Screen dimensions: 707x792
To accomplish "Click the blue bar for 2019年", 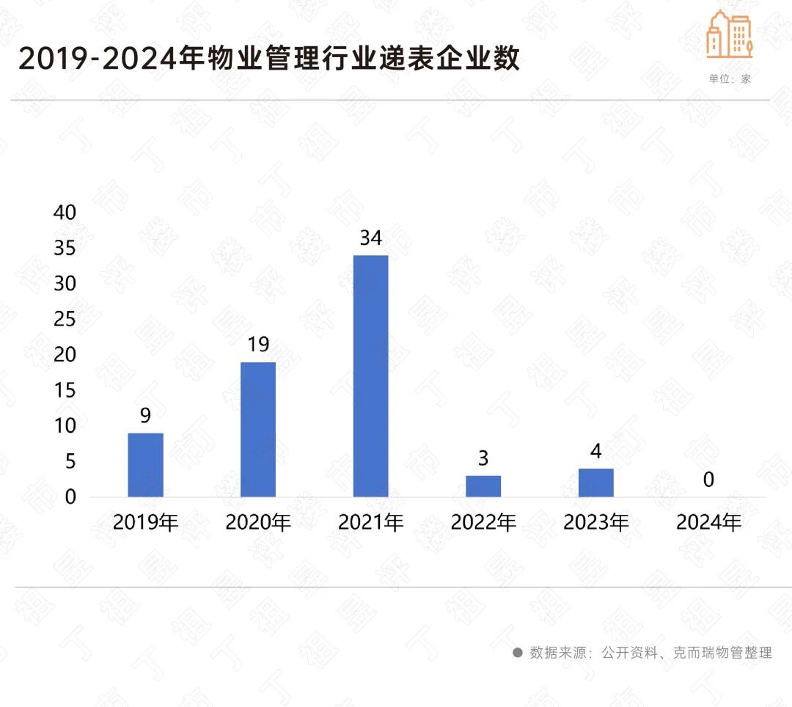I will click(145, 465).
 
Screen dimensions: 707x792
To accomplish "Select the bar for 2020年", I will click(258, 430).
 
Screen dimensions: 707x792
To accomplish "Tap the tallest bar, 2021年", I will click(370, 376).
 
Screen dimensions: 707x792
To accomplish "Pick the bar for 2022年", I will click(483, 486).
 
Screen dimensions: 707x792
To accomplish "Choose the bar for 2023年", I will click(595, 483).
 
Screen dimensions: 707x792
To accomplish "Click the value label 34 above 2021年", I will click(370, 238).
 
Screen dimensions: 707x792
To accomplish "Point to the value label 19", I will click(258, 345).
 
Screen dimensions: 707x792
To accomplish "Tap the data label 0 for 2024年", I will click(708, 480).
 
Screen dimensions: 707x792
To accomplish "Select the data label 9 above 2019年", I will click(145, 416).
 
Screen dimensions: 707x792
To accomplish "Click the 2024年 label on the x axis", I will click(708, 523).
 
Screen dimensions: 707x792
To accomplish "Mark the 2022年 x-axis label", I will click(483, 523).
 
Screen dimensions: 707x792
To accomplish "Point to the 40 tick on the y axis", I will click(65, 212).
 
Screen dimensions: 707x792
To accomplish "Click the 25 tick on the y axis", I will click(65, 319).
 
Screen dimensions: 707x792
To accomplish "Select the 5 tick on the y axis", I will click(70, 461).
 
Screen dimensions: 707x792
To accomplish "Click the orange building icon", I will click(729, 34).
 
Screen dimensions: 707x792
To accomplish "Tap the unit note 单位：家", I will click(730, 78).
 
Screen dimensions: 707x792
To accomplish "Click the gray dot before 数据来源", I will click(517, 652).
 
